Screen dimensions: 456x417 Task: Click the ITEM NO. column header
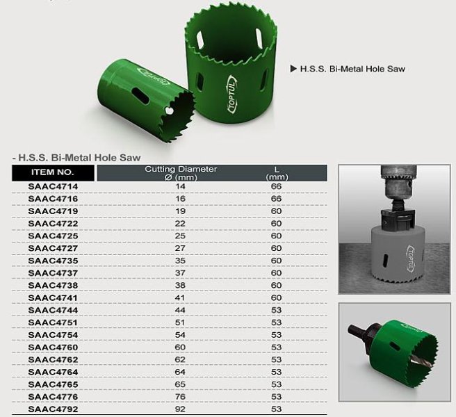click(x=53, y=172)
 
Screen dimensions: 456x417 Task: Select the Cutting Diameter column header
click(x=181, y=173)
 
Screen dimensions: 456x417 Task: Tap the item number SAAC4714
click(x=53, y=186)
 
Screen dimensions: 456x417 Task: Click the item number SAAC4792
click(x=53, y=409)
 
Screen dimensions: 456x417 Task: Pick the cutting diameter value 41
click(x=180, y=297)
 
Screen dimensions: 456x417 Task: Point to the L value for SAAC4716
click(x=276, y=199)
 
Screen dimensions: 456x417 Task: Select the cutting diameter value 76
click(x=180, y=397)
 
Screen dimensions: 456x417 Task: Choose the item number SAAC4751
click(x=53, y=322)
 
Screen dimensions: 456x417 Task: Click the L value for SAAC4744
click(x=276, y=310)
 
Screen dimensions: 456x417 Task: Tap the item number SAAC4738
click(x=53, y=285)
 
